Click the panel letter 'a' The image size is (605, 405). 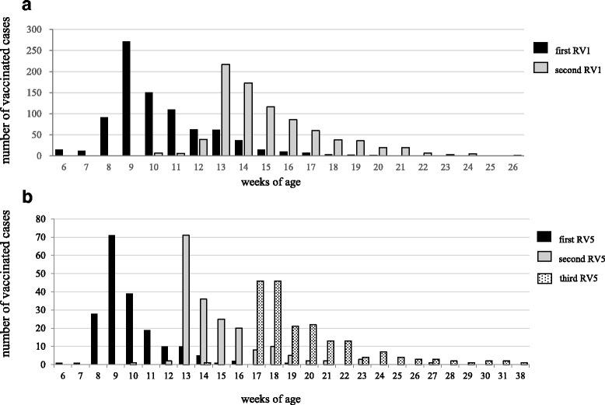click(x=7, y=6)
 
